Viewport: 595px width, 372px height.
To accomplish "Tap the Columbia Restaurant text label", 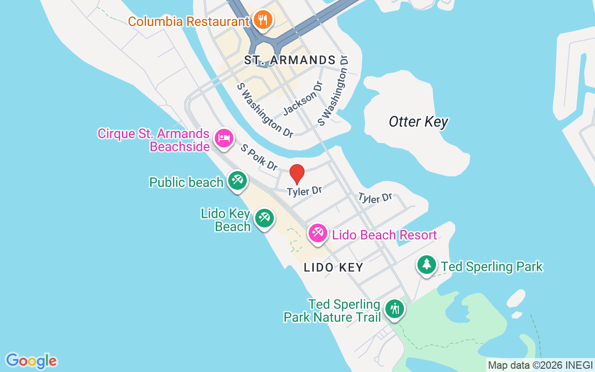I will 189,21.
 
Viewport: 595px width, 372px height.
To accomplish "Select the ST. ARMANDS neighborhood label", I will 290,60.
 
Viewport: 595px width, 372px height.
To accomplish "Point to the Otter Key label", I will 418,122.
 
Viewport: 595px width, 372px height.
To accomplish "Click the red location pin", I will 297,174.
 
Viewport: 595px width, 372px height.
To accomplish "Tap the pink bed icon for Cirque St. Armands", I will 224,138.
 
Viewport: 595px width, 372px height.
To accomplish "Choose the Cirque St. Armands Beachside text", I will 153,140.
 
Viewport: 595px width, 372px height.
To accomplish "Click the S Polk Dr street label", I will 259,157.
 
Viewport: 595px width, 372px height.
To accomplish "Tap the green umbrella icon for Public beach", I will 237,180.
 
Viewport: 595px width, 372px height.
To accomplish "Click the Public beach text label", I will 186,182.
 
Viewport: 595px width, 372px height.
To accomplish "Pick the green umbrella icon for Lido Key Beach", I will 264,217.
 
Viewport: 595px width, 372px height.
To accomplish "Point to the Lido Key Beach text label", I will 226,220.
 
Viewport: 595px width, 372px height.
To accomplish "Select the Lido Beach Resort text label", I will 384,235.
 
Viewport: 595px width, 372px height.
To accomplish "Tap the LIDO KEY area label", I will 333,268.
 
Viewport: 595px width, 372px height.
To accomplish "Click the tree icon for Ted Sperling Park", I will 426,264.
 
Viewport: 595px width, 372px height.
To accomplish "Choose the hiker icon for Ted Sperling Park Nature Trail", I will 395,308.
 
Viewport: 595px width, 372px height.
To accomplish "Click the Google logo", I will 32,361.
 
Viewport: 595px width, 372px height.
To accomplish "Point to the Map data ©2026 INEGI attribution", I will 540,365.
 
